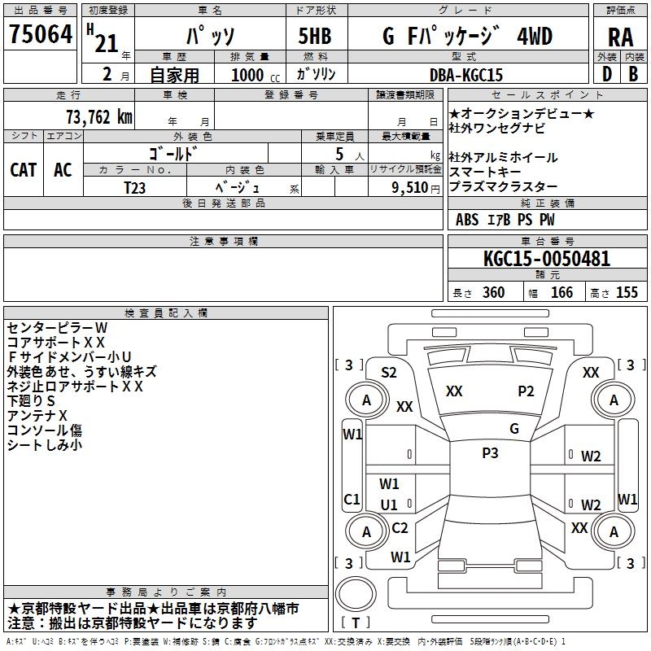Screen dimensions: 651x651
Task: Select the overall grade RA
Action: point(620,37)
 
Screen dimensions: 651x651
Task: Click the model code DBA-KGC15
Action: point(465,75)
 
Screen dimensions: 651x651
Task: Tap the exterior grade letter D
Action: point(606,74)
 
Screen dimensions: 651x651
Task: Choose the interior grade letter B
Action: point(633,74)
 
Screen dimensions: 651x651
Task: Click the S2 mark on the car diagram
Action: point(389,373)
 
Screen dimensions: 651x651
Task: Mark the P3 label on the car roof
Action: point(490,453)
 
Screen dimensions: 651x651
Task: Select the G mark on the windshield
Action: point(513,429)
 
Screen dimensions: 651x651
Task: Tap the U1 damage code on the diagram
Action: point(389,505)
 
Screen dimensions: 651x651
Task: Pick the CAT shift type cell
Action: point(23,169)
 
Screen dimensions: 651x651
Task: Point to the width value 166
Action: point(561,293)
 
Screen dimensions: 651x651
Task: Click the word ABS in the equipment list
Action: point(467,220)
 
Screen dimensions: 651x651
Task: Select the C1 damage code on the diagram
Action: point(352,499)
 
